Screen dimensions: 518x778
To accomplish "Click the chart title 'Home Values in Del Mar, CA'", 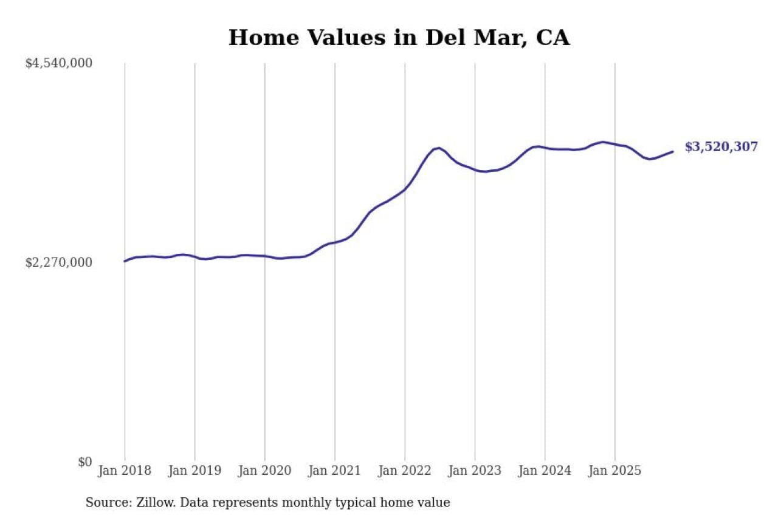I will [399, 38].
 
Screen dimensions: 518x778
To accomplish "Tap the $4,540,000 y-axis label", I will [58, 63].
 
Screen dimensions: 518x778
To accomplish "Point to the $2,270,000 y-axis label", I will [58, 262].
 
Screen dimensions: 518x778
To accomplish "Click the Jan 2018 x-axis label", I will [125, 471].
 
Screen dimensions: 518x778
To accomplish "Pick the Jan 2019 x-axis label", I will [194, 471].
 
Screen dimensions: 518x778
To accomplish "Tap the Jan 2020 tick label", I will [264, 471].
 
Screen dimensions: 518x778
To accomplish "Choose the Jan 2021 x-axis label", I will [334, 471].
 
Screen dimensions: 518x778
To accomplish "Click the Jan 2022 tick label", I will [405, 471].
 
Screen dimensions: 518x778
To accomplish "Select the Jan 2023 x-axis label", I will [475, 471].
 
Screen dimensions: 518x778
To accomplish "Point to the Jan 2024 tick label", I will [545, 471].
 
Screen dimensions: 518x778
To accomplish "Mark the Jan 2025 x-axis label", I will [614, 471].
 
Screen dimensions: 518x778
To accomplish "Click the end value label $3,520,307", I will [721, 147].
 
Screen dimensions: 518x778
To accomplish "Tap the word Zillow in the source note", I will [150, 503].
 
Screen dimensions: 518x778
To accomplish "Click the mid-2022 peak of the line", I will [439, 148].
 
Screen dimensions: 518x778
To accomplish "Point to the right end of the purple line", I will [672, 152].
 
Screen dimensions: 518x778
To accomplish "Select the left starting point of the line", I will [125, 261].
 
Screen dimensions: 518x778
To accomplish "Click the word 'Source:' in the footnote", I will [105, 503].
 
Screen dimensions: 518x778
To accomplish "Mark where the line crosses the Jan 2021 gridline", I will [334, 242].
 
